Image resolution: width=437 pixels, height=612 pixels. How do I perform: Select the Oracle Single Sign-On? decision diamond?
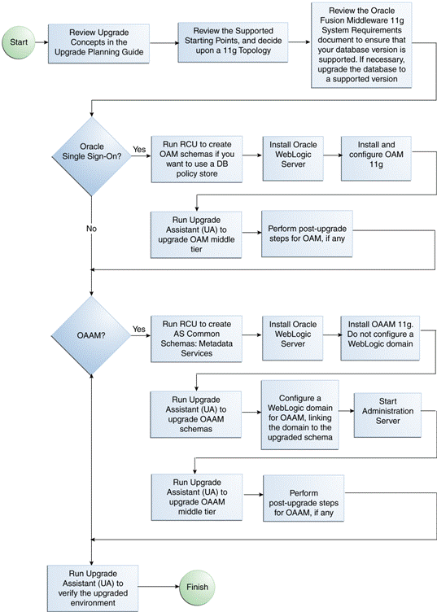[x=92, y=151]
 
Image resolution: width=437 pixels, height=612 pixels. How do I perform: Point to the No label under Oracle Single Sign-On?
[x=91, y=229]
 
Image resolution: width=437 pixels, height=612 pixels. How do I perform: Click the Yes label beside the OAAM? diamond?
[x=138, y=329]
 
